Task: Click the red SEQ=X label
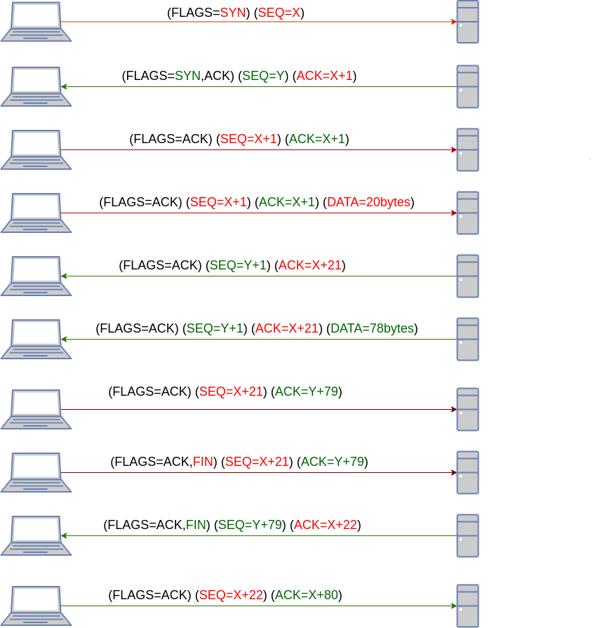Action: [x=279, y=13]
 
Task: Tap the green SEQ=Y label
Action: [x=262, y=76]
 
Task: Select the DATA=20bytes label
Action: [x=368, y=202]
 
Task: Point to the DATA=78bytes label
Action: [x=372, y=328]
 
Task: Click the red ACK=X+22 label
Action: [x=325, y=525]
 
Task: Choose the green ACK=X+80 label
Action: [x=306, y=595]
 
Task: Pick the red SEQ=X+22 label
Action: [x=231, y=595]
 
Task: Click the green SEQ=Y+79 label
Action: [x=250, y=525]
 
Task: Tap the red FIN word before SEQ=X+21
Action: [x=203, y=462]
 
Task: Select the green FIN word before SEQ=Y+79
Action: [x=196, y=525]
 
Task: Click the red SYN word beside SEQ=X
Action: [x=233, y=13]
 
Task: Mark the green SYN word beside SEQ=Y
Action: [x=187, y=76]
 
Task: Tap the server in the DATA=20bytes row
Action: [x=467, y=213]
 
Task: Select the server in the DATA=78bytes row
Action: [x=467, y=339]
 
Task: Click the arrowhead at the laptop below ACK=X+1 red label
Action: [x=64, y=87]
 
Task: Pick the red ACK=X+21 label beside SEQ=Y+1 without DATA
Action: [x=310, y=265]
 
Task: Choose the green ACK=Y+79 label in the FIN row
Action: [x=332, y=462]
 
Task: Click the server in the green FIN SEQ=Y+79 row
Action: [x=467, y=535]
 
